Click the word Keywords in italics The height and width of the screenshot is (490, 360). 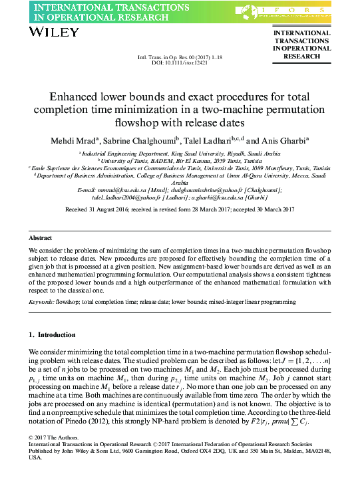(x=41, y=302)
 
